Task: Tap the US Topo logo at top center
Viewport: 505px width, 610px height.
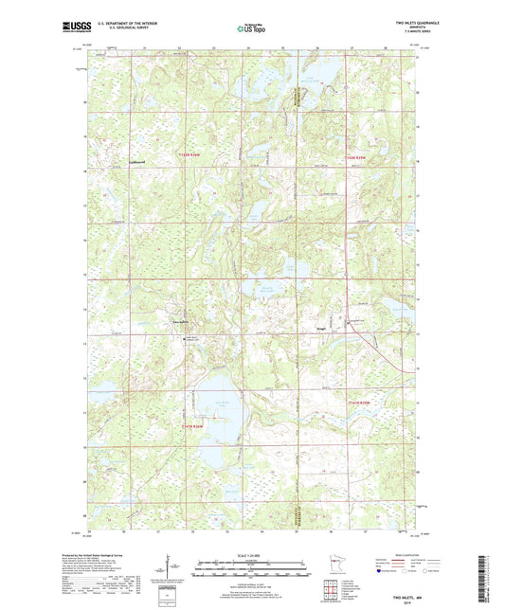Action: pos(250,28)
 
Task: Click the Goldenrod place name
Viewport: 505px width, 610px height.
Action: pos(137,161)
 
